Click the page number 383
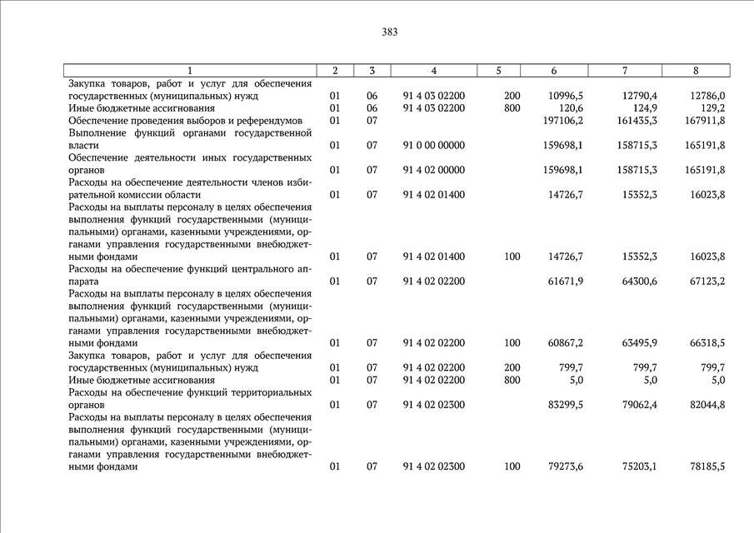pyautogui.click(x=390, y=32)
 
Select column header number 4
pyautogui.click(x=433, y=71)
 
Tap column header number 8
pyautogui.click(x=696, y=71)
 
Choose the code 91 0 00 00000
pyautogui.click(x=433, y=146)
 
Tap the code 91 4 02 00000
pyautogui.click(x=433, y=171)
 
